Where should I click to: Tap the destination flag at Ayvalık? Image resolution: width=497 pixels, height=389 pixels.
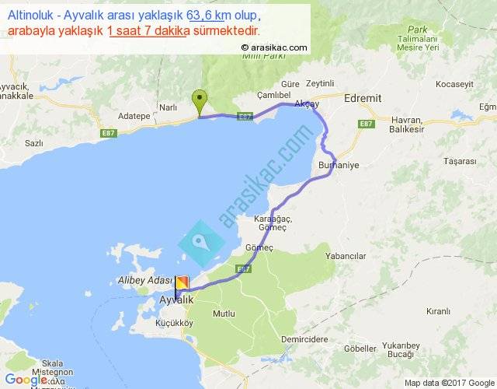coord(182,284)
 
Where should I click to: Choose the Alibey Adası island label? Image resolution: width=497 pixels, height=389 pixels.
coord(144,279)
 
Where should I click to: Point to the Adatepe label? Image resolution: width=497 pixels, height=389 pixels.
coord(133,115)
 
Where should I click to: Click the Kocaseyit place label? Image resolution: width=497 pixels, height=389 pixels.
coord(454,83)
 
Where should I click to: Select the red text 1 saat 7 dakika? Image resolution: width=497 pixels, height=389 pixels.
coord(150,30)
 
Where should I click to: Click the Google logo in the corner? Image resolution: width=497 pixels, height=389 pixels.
coord(25,380)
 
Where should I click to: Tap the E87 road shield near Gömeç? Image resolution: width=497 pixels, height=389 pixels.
coord(243,268)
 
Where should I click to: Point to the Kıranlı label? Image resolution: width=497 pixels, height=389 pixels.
coord(438,310)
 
